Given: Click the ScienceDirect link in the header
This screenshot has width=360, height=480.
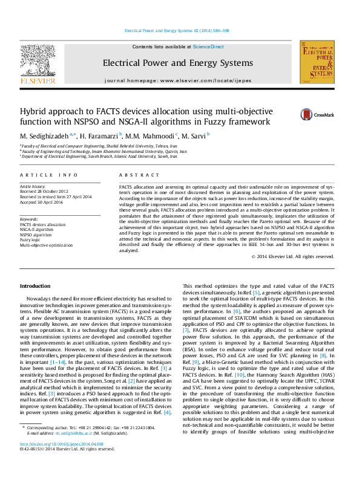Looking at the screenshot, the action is tap(208, 47).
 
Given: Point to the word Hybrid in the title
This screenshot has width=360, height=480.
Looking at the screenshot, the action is tap(36, 112).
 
